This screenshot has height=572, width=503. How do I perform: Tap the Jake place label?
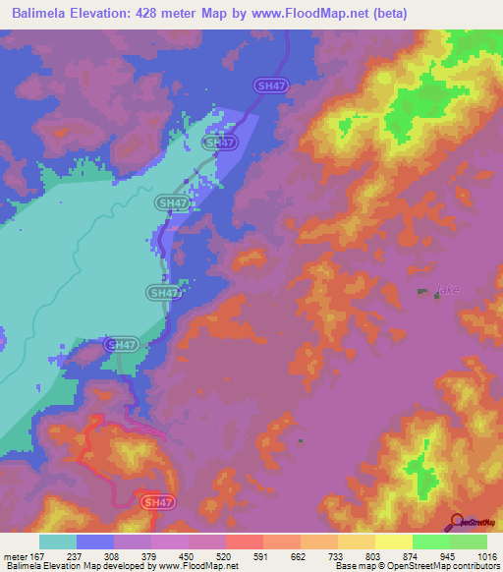tap(448, 291)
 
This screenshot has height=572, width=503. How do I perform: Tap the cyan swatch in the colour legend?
tap(58, 542)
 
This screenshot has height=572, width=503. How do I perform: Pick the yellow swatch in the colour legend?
tap(393, 542)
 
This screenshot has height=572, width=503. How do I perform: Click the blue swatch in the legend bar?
tap(95, 542)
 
